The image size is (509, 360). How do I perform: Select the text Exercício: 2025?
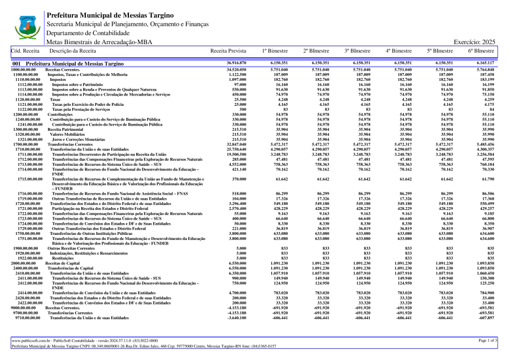tap(475, 42)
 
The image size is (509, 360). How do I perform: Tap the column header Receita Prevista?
tap(228, 51)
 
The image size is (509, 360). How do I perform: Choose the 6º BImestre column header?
tap(481, 51)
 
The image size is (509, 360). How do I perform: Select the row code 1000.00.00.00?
tap(24, 69)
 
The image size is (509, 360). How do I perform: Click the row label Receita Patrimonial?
tap(64, 130)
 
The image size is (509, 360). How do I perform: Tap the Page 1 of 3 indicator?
tap(487, 340)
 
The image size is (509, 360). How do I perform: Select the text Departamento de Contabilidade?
tap(88, 33)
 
